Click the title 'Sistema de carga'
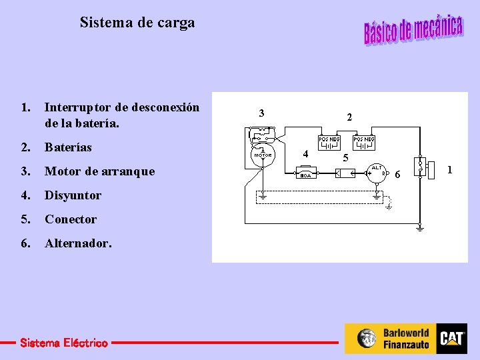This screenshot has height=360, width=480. (x=137, y=23)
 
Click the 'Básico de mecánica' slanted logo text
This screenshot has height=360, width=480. (x=413, y=29)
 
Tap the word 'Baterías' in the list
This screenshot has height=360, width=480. (x=68, y=147)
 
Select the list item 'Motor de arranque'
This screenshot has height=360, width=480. (x=99, y=171)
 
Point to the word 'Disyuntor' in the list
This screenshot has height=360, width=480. (x=73, y=195)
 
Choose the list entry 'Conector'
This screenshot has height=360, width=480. (x=71, y=219)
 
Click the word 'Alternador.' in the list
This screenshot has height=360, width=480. (x=78, y=243)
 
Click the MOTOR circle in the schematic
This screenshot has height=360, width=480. (x=263, y=155)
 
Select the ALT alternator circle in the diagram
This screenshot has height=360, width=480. (x=377, y=173)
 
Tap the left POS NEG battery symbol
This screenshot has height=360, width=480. (x=329, y=143)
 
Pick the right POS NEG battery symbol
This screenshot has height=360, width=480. (x=364, y=143)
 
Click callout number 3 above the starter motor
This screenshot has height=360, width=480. (x=262, y=113)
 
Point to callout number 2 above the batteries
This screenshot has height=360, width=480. (x=349, y=117)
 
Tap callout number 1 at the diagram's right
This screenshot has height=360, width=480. (x=449, y=170)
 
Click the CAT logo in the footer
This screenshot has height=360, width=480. (x=451, y=339)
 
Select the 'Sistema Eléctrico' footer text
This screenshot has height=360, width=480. (x=63, y=343)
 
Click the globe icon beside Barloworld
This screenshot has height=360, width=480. (x=366, y=339)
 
